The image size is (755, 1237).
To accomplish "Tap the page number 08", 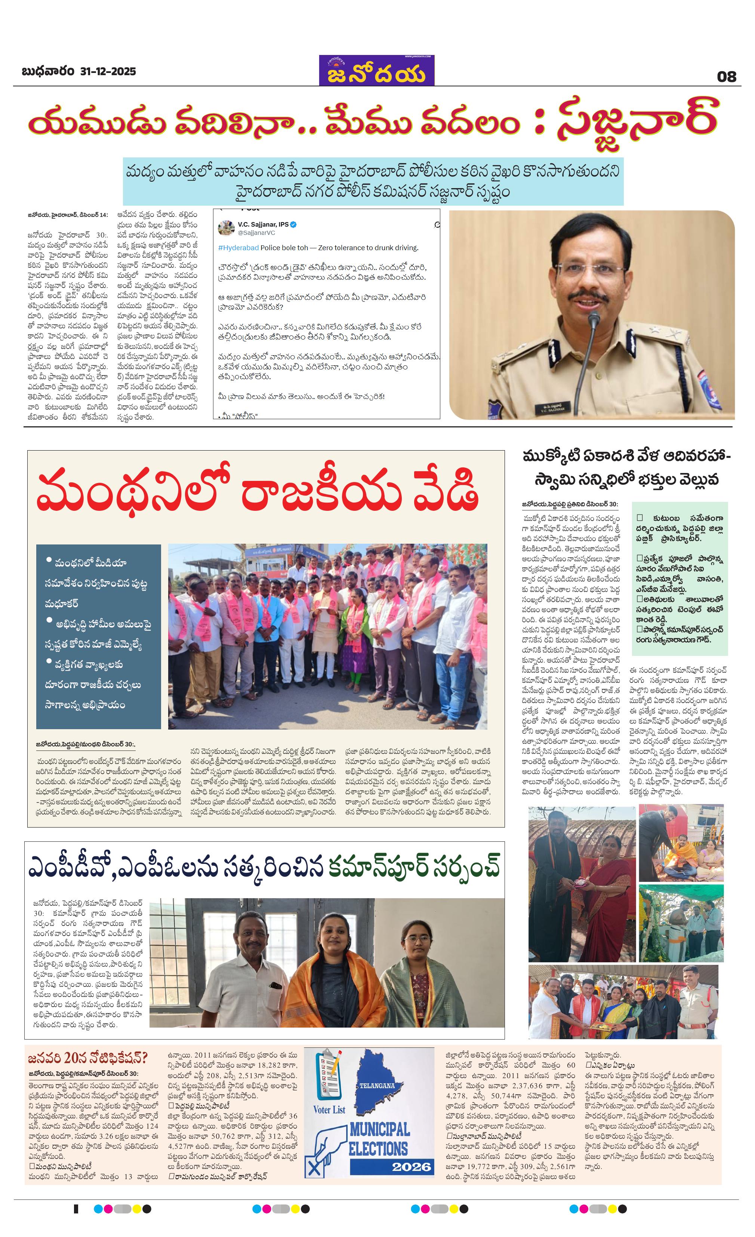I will click(x=726, y=77).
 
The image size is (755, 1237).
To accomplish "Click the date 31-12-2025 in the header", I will click(x=108, y=72).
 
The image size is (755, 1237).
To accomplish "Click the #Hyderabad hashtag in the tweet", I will click(x=239, y=248).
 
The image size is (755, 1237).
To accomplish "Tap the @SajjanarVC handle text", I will click(x=256, y=233).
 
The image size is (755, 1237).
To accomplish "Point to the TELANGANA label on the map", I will click(x=377, y=1086).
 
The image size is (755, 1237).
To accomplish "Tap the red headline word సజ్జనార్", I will click(x=637, y=123).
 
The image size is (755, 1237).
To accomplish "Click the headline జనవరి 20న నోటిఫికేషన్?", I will click(x=88, y=1057).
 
